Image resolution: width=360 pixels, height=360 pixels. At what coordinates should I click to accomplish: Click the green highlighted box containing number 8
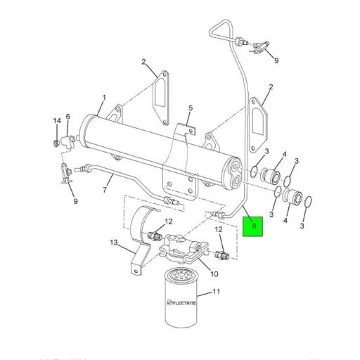pyautogui.click(x=253, y=226)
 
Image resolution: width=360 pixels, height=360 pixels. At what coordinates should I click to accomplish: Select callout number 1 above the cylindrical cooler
pyautogui.click(x=103, y=98)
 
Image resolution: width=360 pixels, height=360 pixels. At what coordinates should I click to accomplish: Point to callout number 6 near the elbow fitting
pyautogui.click(x=68, y=117)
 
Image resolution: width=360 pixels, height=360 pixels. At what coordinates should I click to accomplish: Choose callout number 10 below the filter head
pyautogui.click(x=214, y=274)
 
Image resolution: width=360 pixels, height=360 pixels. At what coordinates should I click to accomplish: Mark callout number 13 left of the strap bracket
pyautogui.click(x=112, y=243)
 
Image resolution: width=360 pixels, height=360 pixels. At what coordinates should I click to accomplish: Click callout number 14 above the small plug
pyautogui.click(x=56, y=122)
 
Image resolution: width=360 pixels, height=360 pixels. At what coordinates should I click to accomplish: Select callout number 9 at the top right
pyautogui.click(x=276, y=60)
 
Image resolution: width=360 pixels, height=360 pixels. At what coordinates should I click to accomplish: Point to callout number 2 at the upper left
pyautogui.click(x=144, y=62)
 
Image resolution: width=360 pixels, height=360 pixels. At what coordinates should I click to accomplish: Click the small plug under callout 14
pyautogui.click(x=57, y=144)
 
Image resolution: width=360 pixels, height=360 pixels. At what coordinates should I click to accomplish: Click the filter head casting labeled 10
pyautogui.click(x=186, y=247)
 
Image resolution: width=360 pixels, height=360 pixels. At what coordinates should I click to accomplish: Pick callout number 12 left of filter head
pyautogui.click(x=169, y=223)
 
